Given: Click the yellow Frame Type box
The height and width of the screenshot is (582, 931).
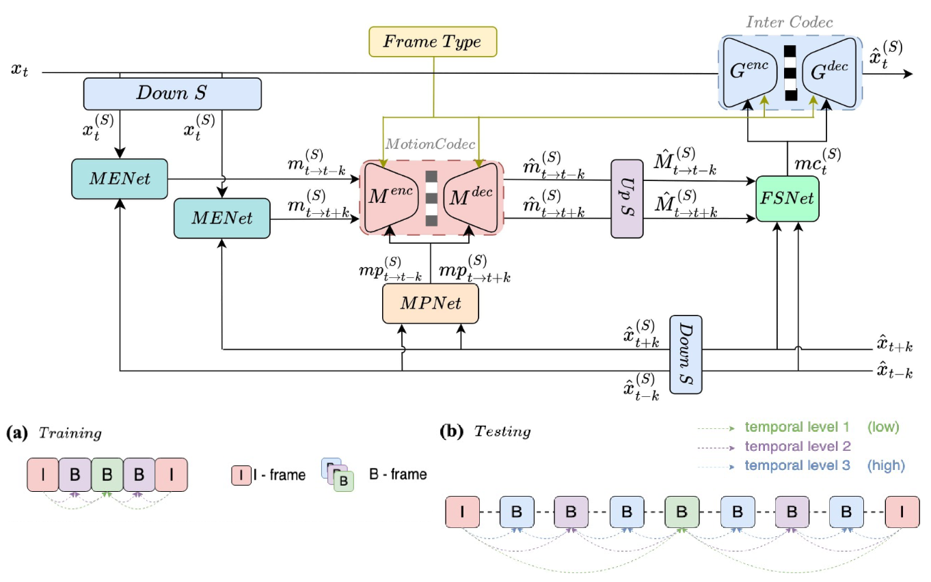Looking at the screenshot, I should (432, 42).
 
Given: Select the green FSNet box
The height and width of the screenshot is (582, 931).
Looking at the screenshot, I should (787, 199).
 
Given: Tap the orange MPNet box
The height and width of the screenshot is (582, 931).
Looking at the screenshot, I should (430, 303).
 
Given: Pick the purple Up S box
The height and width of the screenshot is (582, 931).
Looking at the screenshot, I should (627, 199).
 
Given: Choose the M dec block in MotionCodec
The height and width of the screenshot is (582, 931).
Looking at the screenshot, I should (470, 198).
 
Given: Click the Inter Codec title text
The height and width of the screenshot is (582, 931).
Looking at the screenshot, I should (790, 23).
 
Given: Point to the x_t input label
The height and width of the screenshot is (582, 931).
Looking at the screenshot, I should (20, 70).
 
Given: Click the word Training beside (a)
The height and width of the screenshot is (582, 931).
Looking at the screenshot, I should (70, 433).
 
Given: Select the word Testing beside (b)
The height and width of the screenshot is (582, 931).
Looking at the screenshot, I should (502, 432).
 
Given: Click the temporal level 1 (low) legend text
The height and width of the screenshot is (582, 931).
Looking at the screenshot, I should (820, 427).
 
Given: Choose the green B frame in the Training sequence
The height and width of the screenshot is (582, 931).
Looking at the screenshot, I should (107, 474).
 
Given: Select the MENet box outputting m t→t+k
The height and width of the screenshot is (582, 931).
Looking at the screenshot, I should (222, 219).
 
